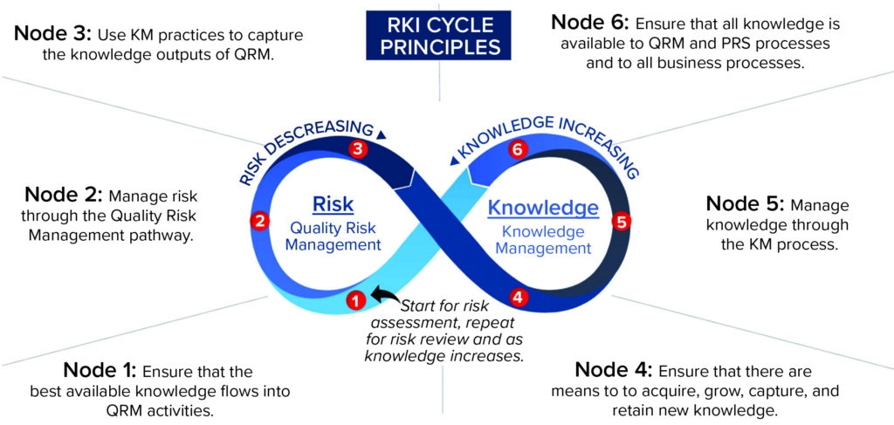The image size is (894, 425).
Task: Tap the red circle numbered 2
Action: (258, 221)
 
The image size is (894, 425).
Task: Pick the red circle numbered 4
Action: (519, 297)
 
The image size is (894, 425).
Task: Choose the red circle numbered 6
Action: (518, 150)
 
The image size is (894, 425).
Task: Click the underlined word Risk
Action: (333, 205)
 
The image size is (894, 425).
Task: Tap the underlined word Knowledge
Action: (543, 209)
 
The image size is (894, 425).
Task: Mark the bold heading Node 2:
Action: (62, 195)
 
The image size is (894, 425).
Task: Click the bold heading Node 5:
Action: (744, 203)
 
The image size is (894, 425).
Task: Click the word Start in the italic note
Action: (421, 305)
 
